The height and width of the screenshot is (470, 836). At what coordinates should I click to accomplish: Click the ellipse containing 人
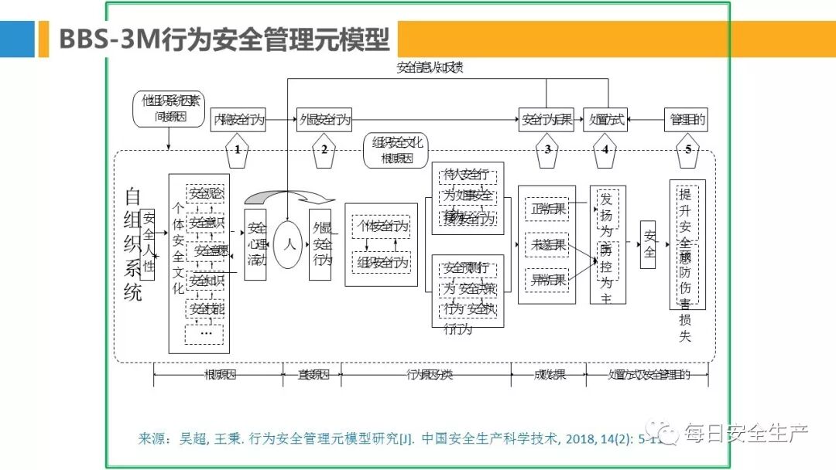[x=289, y=244]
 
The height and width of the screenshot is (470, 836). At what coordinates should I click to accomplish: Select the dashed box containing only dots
[x=204, y=334]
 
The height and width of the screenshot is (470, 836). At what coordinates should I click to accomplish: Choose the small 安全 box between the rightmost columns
[x=648, y=244]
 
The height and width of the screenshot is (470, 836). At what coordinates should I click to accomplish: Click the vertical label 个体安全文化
[x=177, y=247]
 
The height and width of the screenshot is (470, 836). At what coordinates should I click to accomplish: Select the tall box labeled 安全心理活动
[x=255, y=244]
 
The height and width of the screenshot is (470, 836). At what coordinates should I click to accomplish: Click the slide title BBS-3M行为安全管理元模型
[x=224, y=39]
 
